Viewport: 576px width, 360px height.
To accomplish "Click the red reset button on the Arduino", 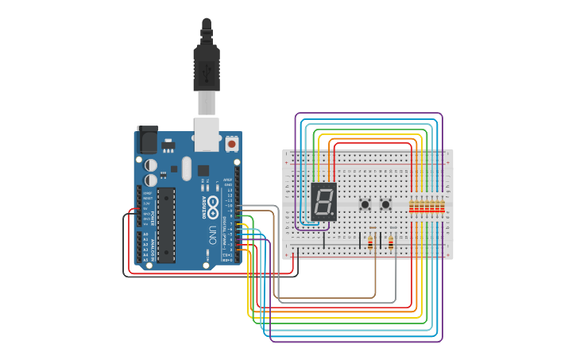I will [x=231, y=144].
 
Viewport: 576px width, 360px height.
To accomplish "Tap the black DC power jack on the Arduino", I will [x=147, y=140].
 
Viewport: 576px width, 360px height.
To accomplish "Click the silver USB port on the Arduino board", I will [x=207, y=134].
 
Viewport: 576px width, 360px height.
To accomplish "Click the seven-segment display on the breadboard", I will [x=324, y=202].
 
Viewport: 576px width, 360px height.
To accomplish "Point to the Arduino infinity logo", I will [x=213, y=206].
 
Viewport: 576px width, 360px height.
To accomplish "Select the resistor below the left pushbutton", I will [x=371, y=243].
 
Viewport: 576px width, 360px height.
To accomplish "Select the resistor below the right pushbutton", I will [x=391, y=243].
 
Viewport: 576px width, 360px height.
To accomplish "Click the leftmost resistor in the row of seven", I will [x=411, y=208].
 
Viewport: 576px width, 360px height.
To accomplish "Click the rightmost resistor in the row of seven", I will [x=441, y=208].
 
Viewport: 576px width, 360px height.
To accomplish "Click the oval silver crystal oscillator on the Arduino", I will [x=187, y=168].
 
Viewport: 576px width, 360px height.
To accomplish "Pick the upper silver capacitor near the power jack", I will [x=150, y=165].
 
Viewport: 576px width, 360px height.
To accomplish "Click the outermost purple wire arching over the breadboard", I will [x=369, y=114].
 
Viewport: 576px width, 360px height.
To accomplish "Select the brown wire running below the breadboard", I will [x=326, y=298].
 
